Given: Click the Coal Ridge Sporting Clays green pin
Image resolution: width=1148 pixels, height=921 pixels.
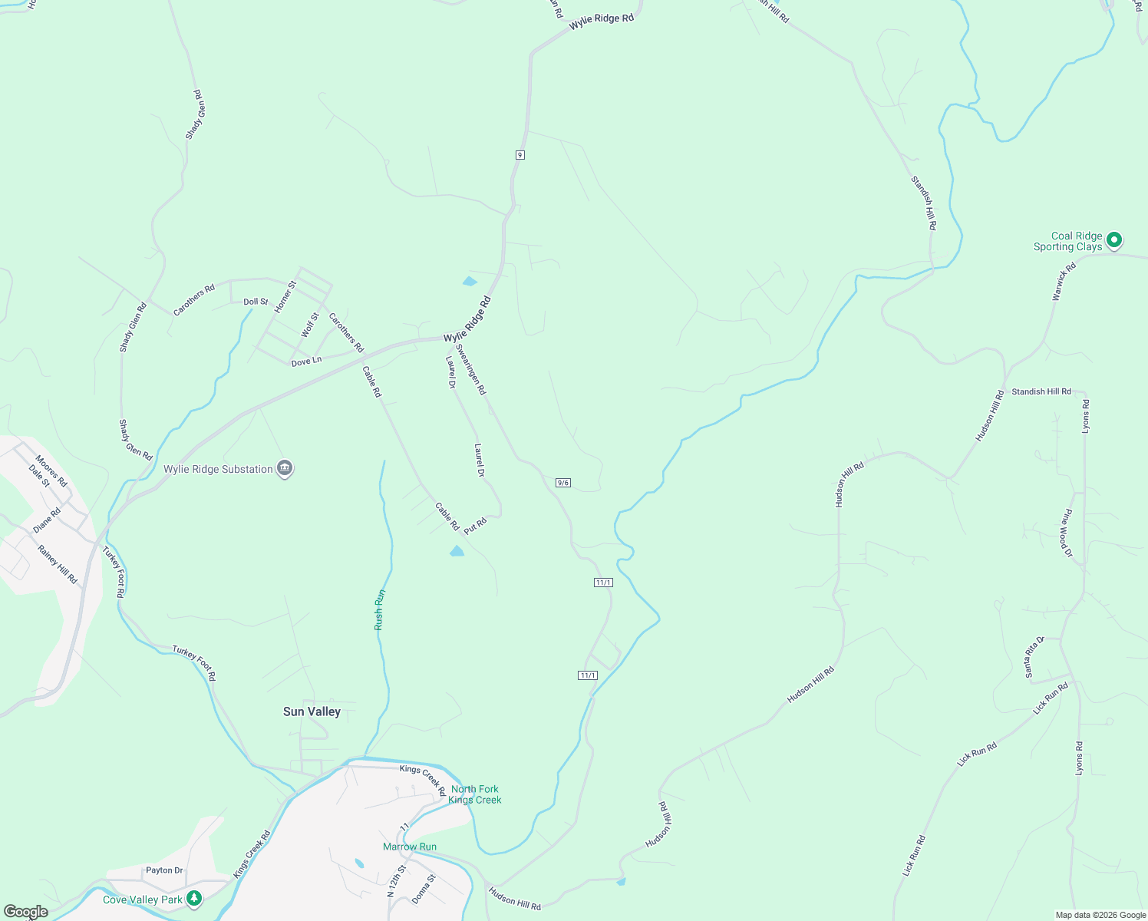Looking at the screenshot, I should click(1114, 240).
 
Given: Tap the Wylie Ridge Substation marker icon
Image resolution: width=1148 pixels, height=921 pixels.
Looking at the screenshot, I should click(285, 468).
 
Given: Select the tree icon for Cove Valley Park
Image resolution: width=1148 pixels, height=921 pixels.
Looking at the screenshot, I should click(194, 898).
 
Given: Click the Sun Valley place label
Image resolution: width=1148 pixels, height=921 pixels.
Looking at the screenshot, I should click(312, 711).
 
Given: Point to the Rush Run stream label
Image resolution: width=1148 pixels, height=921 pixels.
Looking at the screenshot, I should click(379, 610).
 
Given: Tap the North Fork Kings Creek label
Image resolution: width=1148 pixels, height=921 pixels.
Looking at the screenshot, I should click(475, 794).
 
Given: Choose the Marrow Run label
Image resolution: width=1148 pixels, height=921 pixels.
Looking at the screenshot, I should click(410, 847).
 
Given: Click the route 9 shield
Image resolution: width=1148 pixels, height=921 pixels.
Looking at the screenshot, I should click(520, 155).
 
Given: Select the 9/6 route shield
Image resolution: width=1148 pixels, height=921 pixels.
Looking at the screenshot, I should click(563, 483).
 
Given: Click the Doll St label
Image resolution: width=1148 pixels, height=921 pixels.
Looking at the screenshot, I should click(256, 302).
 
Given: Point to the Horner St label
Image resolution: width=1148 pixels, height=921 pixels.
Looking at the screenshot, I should click(285, 296).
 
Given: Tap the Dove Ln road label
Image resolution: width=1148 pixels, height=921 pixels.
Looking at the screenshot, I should click(306, 361).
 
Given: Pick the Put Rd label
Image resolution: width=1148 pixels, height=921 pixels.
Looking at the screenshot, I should click(475, 526).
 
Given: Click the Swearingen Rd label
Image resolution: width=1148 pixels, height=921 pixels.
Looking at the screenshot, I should click(470, 369).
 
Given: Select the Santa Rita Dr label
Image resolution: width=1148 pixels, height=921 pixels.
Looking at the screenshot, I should click(1034, 657).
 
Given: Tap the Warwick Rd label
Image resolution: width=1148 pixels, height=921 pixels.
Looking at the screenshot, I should click(1064, 282).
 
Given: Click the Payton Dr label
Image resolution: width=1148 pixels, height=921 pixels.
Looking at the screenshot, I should click(164, 870).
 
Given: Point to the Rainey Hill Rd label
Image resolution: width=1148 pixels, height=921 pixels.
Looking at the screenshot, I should click(58, 565).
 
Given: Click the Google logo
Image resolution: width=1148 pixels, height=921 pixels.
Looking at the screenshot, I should click(25, 912).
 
